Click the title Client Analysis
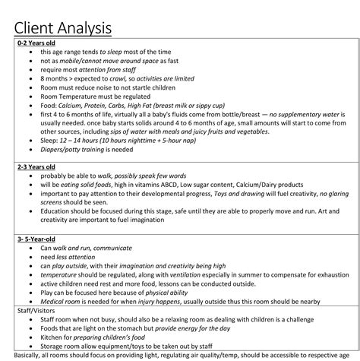tap(63, 27)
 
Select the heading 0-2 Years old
tap(37, 43)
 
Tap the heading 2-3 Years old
tap(37, 166)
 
